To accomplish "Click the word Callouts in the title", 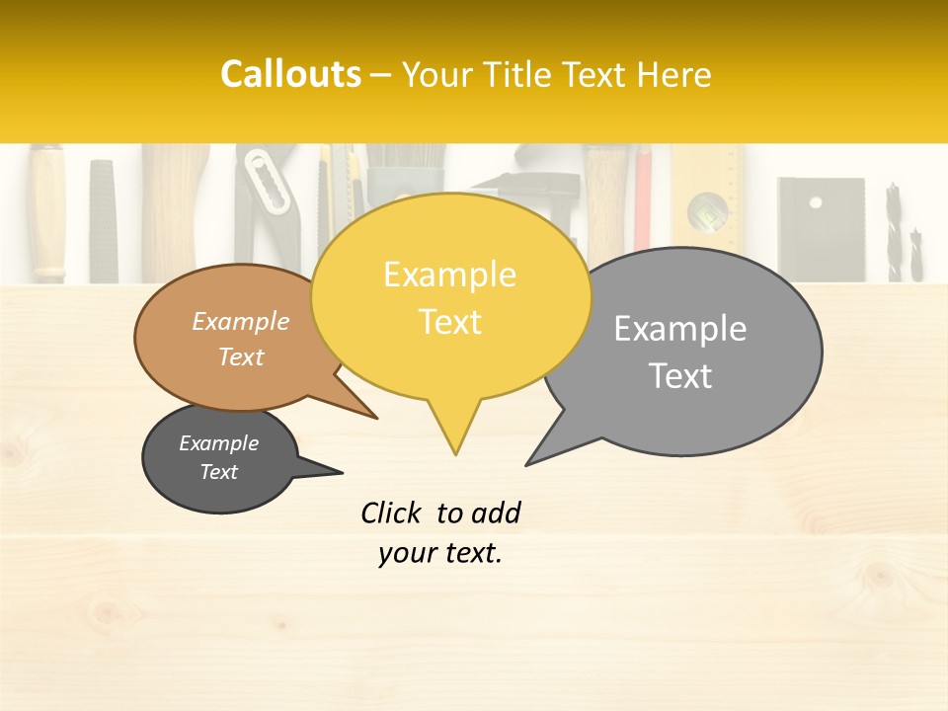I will pyautogui.click(x=290, y=74).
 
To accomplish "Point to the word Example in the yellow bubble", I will pyautogui.click(x=449, y=275).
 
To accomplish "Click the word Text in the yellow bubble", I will pyautogui.click(x=450, y=322).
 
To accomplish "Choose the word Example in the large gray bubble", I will pyautogui.click(x=680, y=329).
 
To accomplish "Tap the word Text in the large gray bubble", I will pyautogui.click(x=681, y=376).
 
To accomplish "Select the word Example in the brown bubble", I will pyautogui.click(x=241, y=322).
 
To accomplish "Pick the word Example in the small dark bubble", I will pyautogui.click(x=218, y=443).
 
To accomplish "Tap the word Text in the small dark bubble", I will pyautogui.click(x=219, y=472).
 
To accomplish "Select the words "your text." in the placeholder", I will pyautogui.click(x=440, y=553).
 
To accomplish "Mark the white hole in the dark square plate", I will pyautogui.click(x=816, y=201).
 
